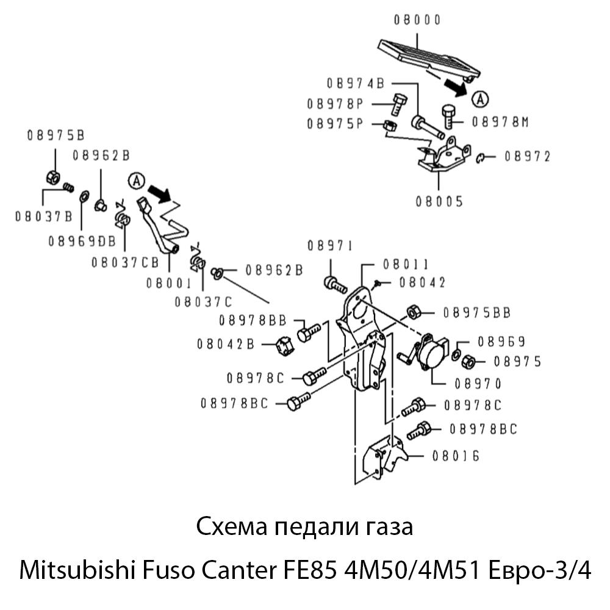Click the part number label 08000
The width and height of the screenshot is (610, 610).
[x=417, y=20]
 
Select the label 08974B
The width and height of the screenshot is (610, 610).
[x=355, y=83]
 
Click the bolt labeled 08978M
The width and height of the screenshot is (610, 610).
[x=447, y=115]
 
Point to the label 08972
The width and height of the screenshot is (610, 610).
[x=527, y=157]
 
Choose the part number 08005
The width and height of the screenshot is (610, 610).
[x=439, y=201]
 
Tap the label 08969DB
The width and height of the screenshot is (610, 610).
[x=82, y=242]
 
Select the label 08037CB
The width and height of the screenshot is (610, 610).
[x=125, y=263]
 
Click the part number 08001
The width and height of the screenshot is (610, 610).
[x=169, y=283]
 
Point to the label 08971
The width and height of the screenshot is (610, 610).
[x=329, y=246]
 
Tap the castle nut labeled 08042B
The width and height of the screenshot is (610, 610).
[x=285, y=345]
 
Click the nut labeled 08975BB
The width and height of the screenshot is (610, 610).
[x=413, y=312]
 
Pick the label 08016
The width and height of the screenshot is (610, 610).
[x=455, y=456]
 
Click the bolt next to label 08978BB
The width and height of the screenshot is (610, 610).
[x=307, y=333]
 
